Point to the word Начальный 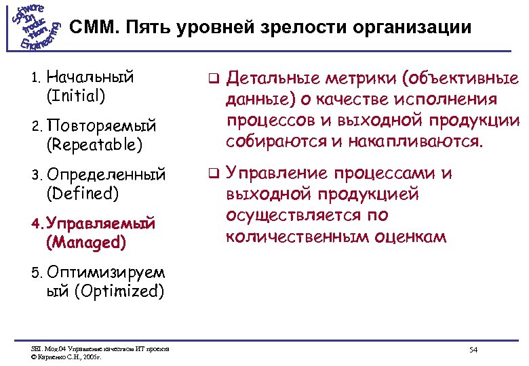[91, 76]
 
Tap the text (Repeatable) [94, 144]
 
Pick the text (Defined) [83, 194]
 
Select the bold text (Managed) [86, 241]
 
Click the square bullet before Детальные [212, 78]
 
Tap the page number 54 [473, 349]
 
